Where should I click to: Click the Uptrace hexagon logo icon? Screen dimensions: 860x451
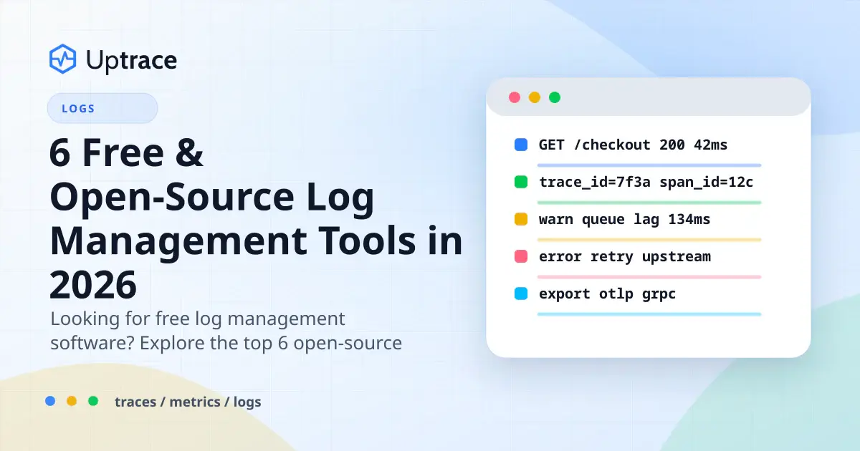pyautogui.click(x=62, y=59)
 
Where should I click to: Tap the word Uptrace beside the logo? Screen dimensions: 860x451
pyautogui.click(x=132, y=61)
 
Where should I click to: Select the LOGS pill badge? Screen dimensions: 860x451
pyautogui.click(x=102, y=108)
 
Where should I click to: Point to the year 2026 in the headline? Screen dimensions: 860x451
pyautogui.click(x=93, y=285)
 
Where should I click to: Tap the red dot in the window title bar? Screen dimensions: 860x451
pyautogui.click(x=515, y=97)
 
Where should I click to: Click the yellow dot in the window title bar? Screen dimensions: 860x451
pyautogui.click(x=535, y=97)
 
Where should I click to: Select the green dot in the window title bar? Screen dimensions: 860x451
pyautogui.click(x=555, y=97)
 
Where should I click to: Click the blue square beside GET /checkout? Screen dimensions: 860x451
pyautogui.click(x=521, y=145)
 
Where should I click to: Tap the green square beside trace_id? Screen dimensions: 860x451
pyautogui.click(x=521, y=182)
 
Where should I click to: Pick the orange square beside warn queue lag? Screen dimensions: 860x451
pyautogui.click(x=521, y=219)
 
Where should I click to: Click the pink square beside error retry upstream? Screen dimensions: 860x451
pyautogui.click(x=521, y=256)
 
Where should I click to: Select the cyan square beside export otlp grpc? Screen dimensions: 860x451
pyautogui.click(x=521, y=294)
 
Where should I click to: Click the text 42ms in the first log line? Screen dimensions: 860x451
pyautogui.click(x=711, y=145)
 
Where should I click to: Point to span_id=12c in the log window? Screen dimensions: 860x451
pyautogui.click(x=706, y=183)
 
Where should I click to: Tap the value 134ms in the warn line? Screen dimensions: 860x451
pyautogui.click(x=689, y=219)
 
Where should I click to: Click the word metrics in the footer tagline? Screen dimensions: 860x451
pyautogui.click(x=195, y=402)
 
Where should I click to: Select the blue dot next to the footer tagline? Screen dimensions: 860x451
pyautogui.click(x=50, y=401)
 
